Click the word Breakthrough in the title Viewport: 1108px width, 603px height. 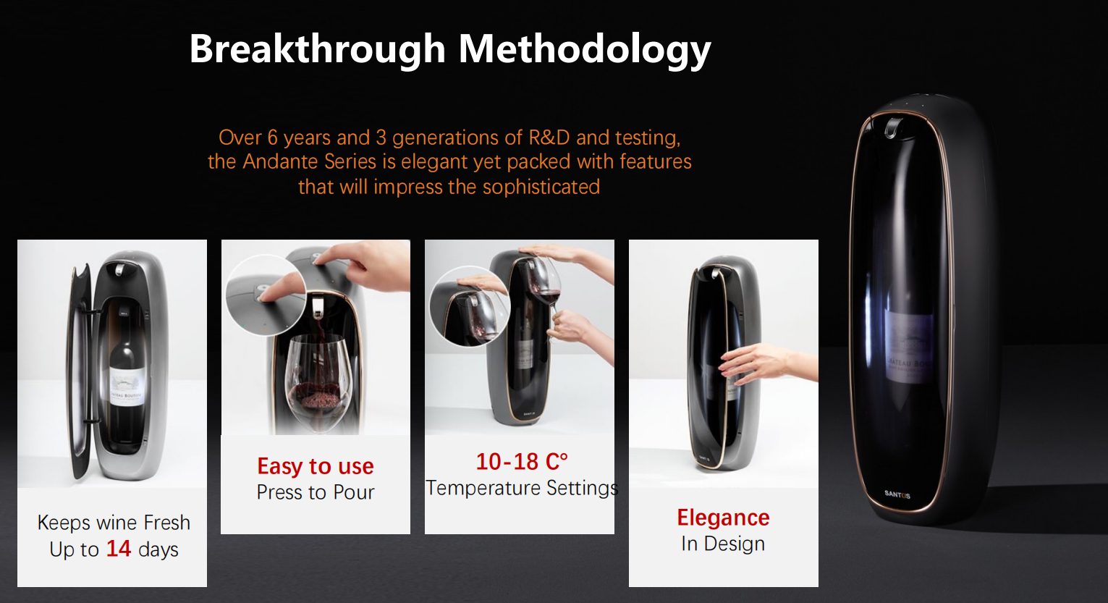[318, 50]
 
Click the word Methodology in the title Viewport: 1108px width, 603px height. [585, 50]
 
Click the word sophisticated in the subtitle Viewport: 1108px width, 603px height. [541, 187]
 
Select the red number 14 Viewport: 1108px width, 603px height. [119, 549]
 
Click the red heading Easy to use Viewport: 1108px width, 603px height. [316, 466]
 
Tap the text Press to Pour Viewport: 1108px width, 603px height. [316, 492]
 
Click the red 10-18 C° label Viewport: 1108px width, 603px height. [522, 462]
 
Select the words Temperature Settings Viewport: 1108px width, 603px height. [522, 488]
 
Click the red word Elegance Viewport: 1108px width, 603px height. [723, 518]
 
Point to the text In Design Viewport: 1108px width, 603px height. [723, 544]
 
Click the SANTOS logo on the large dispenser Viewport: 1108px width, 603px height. [897, 494]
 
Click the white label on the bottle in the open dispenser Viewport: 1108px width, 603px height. [127, 387]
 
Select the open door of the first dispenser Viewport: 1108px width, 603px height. [81, 372]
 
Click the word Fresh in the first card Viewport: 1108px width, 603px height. [166, 523]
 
